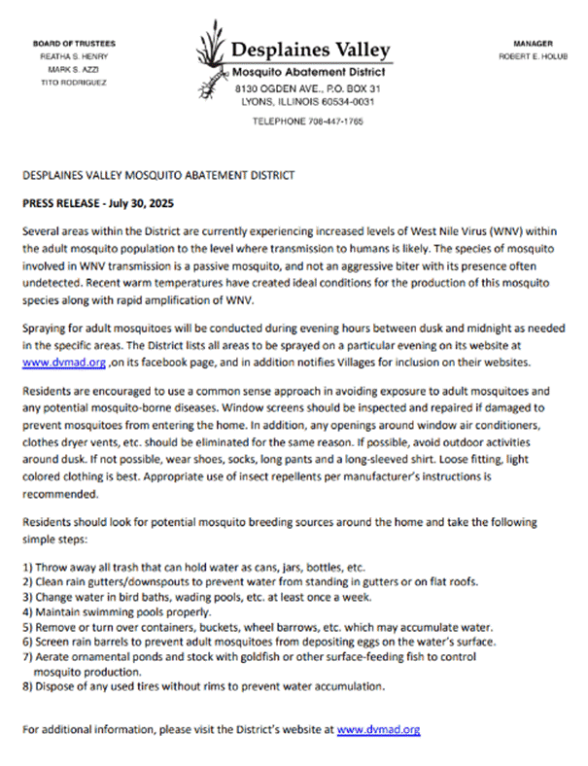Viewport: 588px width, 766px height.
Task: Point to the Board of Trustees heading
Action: point(74,44)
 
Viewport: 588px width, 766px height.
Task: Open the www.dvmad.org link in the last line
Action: point(378,728)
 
